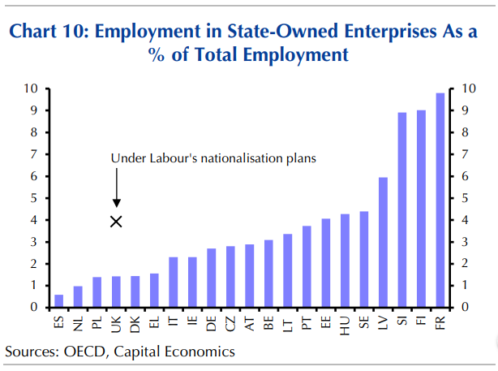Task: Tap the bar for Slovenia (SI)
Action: (402, 209)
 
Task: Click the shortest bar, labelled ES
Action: (58, 301)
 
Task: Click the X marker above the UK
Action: (116, 221)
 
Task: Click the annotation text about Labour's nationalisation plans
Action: (213, 158)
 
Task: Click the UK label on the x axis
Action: (116, 323)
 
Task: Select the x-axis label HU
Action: (345, 323)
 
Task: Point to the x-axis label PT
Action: (307, 322)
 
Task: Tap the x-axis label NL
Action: (78, 323)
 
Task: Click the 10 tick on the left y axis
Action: (32, 88)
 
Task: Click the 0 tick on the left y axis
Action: (35, 308)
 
